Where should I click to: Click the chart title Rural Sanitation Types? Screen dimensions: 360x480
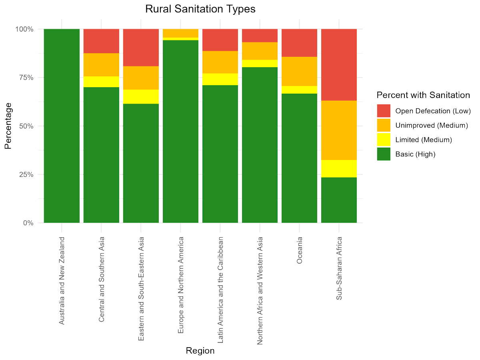tap(200, 9)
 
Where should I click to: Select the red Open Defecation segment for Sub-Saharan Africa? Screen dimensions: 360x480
tap(339, 64)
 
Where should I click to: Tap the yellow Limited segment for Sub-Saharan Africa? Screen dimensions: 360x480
tap(339, 168)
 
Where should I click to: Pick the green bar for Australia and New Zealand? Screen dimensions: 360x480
tap(62, 126)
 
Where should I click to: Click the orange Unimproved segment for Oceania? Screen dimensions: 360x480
tap(299, 71)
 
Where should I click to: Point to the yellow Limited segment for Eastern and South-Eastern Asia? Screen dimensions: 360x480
tap(141, 96)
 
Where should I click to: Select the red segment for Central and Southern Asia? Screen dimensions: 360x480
tap(101, 41)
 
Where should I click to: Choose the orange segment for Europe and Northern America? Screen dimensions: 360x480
tap(180, 33)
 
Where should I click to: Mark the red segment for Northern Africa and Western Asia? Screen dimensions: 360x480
tap(260, 36)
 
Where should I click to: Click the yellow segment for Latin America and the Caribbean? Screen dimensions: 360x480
tap(220, 79)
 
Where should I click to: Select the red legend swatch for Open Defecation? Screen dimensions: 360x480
tap(384, 111)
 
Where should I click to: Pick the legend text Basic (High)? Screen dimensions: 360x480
tap(415, 154)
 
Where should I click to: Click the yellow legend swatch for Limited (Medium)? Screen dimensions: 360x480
tap(384, 140)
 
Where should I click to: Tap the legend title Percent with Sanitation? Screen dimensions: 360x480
tap(423, 95)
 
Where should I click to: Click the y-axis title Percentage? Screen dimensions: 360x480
tap(8, 126)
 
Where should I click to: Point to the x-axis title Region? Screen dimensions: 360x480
tap(200, 351)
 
